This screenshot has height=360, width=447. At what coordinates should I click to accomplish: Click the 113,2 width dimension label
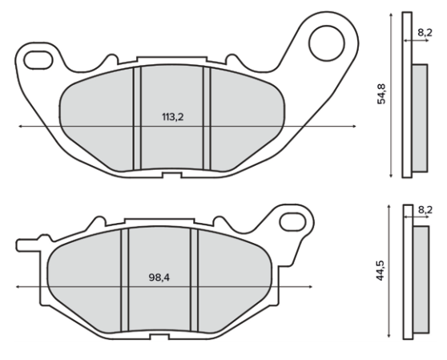coord(173,117)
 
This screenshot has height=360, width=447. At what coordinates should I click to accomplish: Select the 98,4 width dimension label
coord(159,277)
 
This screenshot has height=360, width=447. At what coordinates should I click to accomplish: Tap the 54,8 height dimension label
coord(381,94)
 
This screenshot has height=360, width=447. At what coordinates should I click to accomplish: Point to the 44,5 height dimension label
coord(381,270)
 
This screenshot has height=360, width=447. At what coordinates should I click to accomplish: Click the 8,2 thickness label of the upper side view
coord(425,33)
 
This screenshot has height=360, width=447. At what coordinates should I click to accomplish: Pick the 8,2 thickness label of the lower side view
coord(425,210)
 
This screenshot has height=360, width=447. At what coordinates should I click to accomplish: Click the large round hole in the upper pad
coord(327,43)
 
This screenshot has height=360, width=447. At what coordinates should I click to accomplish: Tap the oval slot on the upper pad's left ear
coord(38,60)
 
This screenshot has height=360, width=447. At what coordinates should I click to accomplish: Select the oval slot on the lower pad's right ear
coord(293,222)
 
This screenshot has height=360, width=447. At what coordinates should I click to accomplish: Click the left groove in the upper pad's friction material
coord(137,118)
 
